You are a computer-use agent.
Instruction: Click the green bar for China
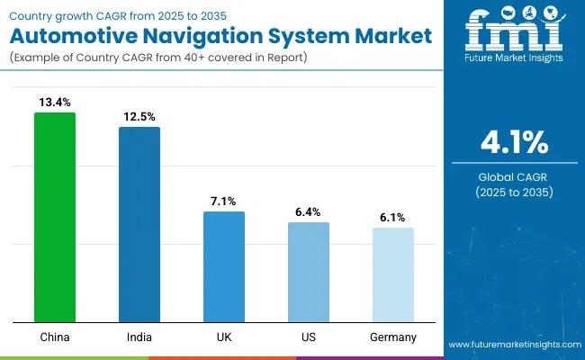pyautogui.click(x=55, y=217)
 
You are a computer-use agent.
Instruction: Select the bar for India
pyautogui.click(x=139, y=224)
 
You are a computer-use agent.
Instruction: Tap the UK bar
pyautogui.click(x=224, y=266)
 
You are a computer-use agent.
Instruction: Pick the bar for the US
pyautogui.click(x=309, y=272)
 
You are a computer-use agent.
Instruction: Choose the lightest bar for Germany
pyautogui.click(x=393, y=274)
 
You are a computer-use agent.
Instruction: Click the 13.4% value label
pyautogui.click(x=55, y=103)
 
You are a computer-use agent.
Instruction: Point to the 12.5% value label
pyautogui.click(x=139, y=117)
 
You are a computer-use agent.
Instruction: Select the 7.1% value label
pyautogui.click(x=224, y=202)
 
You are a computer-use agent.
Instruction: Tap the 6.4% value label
pyautogui.click(x=309, y=212)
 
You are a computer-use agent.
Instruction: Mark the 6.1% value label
pyautogui.click(x=393, y=218)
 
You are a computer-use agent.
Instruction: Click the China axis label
pyautogui.click(x=55, y=337)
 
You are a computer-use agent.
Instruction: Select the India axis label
pyautogui.click(x=139, y=337)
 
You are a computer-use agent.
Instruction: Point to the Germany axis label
pyautogui.click(x=393, y=337)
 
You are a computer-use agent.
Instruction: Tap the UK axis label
pyautogui.click(x=224, y=337)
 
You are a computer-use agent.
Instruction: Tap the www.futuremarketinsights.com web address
pyautogui.click(x=513, y=346)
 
